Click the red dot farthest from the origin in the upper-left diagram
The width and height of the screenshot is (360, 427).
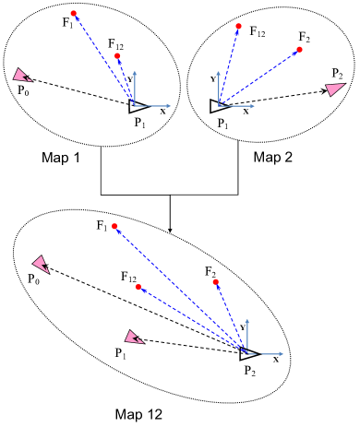tap(74, 14)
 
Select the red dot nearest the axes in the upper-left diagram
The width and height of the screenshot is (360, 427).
tap(117, 56)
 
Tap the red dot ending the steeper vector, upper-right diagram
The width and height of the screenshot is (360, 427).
tap(238, 27)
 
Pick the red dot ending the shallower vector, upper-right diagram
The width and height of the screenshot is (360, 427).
tap(299, 50)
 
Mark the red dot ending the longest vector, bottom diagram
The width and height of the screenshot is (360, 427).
tap(114, 226)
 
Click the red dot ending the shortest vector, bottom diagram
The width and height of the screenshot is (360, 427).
tap(215, 282)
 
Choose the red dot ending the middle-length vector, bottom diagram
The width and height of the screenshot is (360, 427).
tap(138, 287)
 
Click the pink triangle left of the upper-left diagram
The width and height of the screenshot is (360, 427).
tap(20, 76)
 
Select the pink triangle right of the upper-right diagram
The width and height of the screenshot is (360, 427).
tap(334, 89)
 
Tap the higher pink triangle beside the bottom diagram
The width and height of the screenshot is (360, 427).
tap(41, 264)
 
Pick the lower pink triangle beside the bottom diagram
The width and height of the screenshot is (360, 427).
tap(133, 338)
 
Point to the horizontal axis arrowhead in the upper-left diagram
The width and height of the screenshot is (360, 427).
tap(169, 106)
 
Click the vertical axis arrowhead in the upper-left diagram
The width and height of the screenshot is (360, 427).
tap(135, 72)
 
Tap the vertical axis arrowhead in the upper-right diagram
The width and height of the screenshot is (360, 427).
tap(219, 72)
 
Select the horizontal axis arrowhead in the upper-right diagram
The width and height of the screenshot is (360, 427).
tap(253, 106)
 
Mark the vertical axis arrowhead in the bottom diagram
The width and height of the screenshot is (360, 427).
tap(247, 320)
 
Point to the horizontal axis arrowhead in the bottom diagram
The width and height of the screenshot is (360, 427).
tap(282, 353)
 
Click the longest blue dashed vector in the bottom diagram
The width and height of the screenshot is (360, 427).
tap(181, 290)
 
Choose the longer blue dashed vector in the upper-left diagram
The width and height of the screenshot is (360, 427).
tap(104, 60)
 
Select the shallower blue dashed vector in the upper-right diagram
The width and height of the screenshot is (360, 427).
tap(258, 78)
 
